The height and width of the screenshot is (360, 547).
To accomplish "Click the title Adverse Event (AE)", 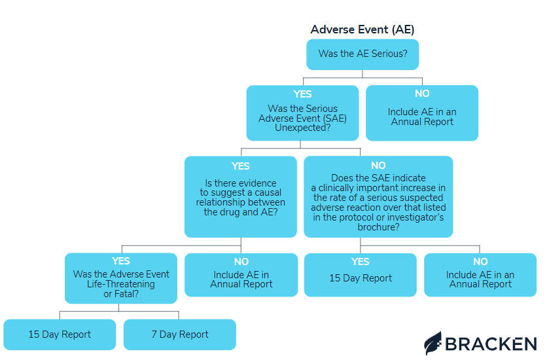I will (362, 29).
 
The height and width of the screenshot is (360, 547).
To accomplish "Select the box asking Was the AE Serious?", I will (362, 54).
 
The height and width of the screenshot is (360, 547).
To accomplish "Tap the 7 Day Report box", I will (180, 334).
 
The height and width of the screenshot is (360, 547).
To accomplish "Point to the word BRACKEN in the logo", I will (491, 343).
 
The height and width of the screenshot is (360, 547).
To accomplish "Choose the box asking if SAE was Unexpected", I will (302, 113).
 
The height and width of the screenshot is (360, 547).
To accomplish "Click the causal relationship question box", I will (240, 196).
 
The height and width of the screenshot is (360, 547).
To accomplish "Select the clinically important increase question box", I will (378, 196).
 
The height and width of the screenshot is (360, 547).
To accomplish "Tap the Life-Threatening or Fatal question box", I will (121, 278).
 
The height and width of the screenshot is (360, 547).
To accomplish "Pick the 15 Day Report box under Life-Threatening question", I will (60, 334).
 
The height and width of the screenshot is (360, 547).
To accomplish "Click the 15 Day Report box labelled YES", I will (361, 275).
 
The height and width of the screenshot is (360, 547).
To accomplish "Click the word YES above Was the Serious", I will (303, 94).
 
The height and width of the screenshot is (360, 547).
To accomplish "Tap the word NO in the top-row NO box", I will (422, 94).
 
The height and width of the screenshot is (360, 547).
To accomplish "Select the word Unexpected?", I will (302, 128).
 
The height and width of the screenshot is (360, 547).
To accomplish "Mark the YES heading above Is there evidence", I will (241, 166).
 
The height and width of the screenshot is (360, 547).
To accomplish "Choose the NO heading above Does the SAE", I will (378, 166).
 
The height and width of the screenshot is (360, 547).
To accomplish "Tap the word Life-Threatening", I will (121, 284).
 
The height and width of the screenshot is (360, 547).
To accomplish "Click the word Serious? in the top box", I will (389, 54).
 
